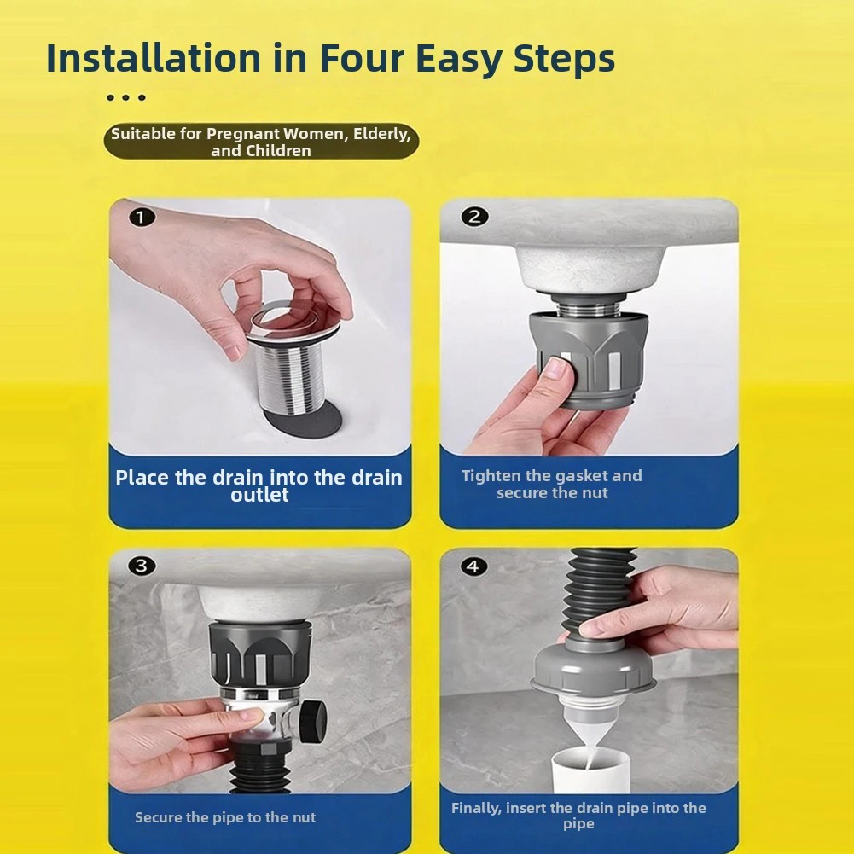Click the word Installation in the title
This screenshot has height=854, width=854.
click(x=154, y=58)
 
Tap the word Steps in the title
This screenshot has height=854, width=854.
click(x=564, y=59)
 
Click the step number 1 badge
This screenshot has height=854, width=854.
click(x=142, y=218)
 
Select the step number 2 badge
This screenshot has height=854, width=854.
click(x=474, y=216)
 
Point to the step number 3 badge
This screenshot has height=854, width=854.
click(x=142, y=566)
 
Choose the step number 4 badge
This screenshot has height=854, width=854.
click(x=473, y=566)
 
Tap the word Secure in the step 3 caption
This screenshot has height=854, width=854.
click(x=158, y=817)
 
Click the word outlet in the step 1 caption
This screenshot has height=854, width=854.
click(x=260, y=495)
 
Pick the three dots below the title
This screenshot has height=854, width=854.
click(x=126, y=98)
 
